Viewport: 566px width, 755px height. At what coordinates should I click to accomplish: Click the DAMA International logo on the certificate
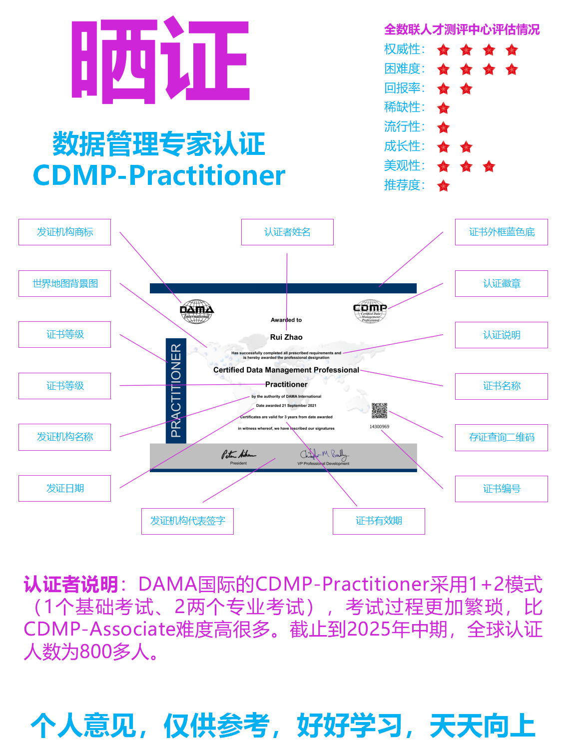196,311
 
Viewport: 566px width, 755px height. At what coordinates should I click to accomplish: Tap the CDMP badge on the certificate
370,311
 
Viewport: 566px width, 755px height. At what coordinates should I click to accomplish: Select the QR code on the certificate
379,411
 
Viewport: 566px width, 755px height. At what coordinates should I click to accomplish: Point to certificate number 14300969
379,427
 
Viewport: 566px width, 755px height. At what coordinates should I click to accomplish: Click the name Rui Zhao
286,337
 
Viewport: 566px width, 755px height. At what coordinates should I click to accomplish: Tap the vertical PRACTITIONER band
176,390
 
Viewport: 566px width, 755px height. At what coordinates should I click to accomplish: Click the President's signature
238,454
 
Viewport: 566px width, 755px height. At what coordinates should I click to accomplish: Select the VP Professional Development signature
323,454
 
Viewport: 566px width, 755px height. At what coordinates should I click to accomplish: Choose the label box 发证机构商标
64,232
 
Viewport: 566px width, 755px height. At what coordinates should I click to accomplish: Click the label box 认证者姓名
287,232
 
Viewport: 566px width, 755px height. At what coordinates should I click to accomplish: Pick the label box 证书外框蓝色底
501,232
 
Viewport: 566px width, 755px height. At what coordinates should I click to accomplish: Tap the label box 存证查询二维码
501,437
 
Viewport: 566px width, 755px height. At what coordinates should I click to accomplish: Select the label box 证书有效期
379,521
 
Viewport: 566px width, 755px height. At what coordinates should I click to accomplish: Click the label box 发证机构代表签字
187,521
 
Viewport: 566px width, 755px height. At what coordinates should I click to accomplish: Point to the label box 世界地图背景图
64,283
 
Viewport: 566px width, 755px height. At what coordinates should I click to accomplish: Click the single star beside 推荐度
443,186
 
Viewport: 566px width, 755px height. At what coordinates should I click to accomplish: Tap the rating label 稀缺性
404,107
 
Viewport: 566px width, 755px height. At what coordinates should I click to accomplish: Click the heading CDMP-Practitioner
159,175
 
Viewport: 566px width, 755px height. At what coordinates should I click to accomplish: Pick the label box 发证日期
64,488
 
